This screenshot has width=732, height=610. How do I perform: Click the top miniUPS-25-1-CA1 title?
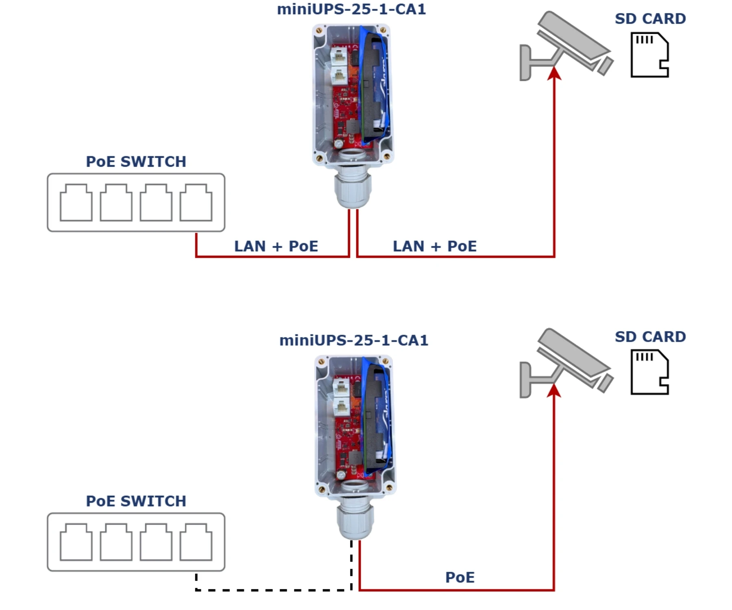tap(351, 9)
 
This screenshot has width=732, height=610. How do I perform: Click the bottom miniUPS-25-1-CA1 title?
tap(353, 340)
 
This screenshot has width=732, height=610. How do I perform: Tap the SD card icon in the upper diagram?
tap(649, 55)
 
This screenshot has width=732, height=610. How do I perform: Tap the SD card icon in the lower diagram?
tap(649, 372)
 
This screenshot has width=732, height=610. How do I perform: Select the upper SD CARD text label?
tap(650, 19)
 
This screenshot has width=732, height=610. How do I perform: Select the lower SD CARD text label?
tap(650, 337)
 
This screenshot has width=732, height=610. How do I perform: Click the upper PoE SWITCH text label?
tap(136, 161)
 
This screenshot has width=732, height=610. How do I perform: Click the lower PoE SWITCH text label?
tap(136, 501)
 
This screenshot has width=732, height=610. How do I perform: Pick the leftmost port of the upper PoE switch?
tap(76, 203)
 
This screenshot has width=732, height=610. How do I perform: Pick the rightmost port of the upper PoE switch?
tap(196, 203)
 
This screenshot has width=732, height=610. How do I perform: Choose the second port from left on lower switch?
tap(116, 542)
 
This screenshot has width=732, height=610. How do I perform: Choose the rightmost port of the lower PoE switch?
tap(196, 542)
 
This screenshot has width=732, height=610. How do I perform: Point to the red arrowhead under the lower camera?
tap(554, 390)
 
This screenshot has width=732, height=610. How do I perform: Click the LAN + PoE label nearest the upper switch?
tap(276, 246)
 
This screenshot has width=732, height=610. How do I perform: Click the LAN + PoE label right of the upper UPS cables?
tap(435, 246)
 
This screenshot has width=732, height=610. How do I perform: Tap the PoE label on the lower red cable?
tap(460, 577)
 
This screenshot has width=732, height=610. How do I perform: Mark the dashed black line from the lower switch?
tap(274, 590)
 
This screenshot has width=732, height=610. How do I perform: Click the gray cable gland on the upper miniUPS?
tap(353, 189)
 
